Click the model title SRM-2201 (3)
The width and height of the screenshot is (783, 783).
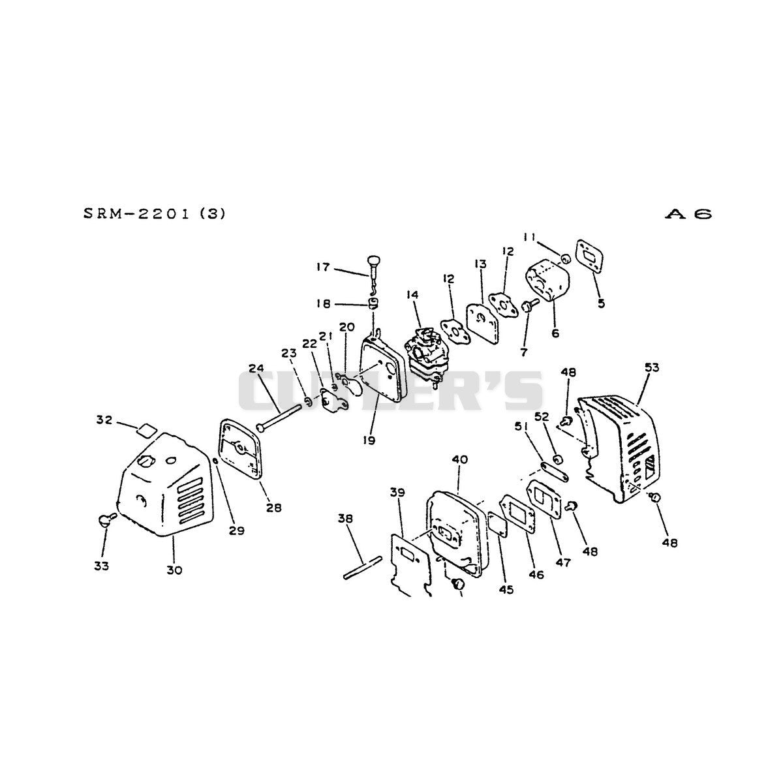pyautogui.click(x=155, y=214)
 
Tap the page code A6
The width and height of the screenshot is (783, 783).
pyautogui.click(x=688, y=214)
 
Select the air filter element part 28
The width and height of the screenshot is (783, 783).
pyautogui.click(x=240, y=450)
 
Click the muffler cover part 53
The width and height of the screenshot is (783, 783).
pyautogui.click(x=618, y=448)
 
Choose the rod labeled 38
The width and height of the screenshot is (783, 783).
pyautogui.click(x=362, y=568)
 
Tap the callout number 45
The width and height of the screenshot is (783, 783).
pyautogui.click(x=506, y=589)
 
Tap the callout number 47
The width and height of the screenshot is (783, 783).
pyautogui.click(x=564, y=562)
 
